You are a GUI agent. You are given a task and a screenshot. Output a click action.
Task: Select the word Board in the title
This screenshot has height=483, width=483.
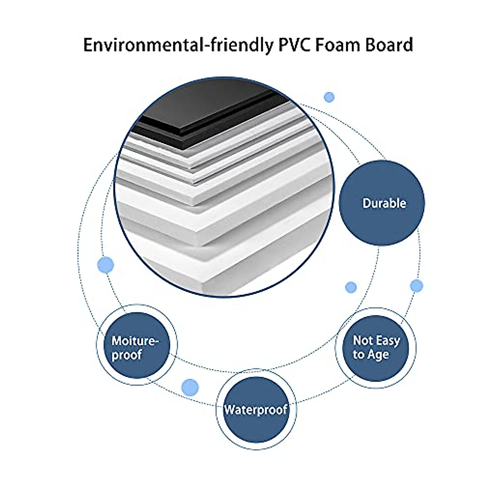389,45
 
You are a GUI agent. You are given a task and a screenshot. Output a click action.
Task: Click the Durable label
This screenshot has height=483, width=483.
384,203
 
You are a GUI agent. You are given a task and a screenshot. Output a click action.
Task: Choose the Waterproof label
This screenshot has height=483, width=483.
256,410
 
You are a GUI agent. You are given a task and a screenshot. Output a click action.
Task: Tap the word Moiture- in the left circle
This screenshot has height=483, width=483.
135,341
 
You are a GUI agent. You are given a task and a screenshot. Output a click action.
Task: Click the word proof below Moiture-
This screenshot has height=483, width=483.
127,355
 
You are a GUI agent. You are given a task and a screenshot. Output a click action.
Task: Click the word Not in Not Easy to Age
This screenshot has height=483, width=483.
362,341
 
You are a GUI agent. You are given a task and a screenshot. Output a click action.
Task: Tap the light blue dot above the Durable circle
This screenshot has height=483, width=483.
329,97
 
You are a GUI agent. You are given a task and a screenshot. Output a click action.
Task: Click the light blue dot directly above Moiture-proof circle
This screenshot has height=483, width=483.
106,265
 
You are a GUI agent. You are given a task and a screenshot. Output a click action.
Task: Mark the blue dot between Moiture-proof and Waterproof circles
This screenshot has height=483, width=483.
190,387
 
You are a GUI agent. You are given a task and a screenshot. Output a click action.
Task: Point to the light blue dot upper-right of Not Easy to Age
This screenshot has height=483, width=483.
417,286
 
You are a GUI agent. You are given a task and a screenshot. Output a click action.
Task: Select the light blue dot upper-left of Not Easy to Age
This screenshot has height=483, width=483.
351,287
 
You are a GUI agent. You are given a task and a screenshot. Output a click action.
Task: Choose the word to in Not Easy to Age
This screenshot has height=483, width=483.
358,355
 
